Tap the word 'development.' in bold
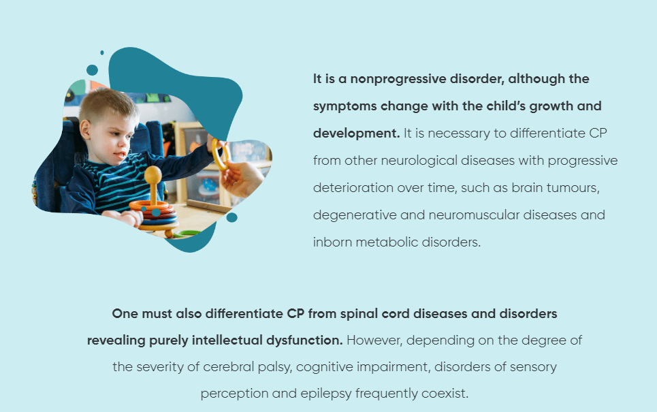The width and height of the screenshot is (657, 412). coord(356,133)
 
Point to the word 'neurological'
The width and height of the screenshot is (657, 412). coord(419,161)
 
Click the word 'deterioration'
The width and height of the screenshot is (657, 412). coord(353,188)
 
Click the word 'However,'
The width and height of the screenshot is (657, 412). coord(374,340)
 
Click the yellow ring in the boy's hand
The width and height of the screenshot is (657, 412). coord(220,153)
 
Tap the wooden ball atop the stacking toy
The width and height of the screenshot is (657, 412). coord(153,174)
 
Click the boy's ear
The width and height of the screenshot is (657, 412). coord(85,129)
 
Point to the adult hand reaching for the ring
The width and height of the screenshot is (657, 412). coord(242,179)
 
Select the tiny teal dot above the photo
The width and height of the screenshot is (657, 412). coord(102,53)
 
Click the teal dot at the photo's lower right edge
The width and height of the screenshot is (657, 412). coord(231,217)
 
